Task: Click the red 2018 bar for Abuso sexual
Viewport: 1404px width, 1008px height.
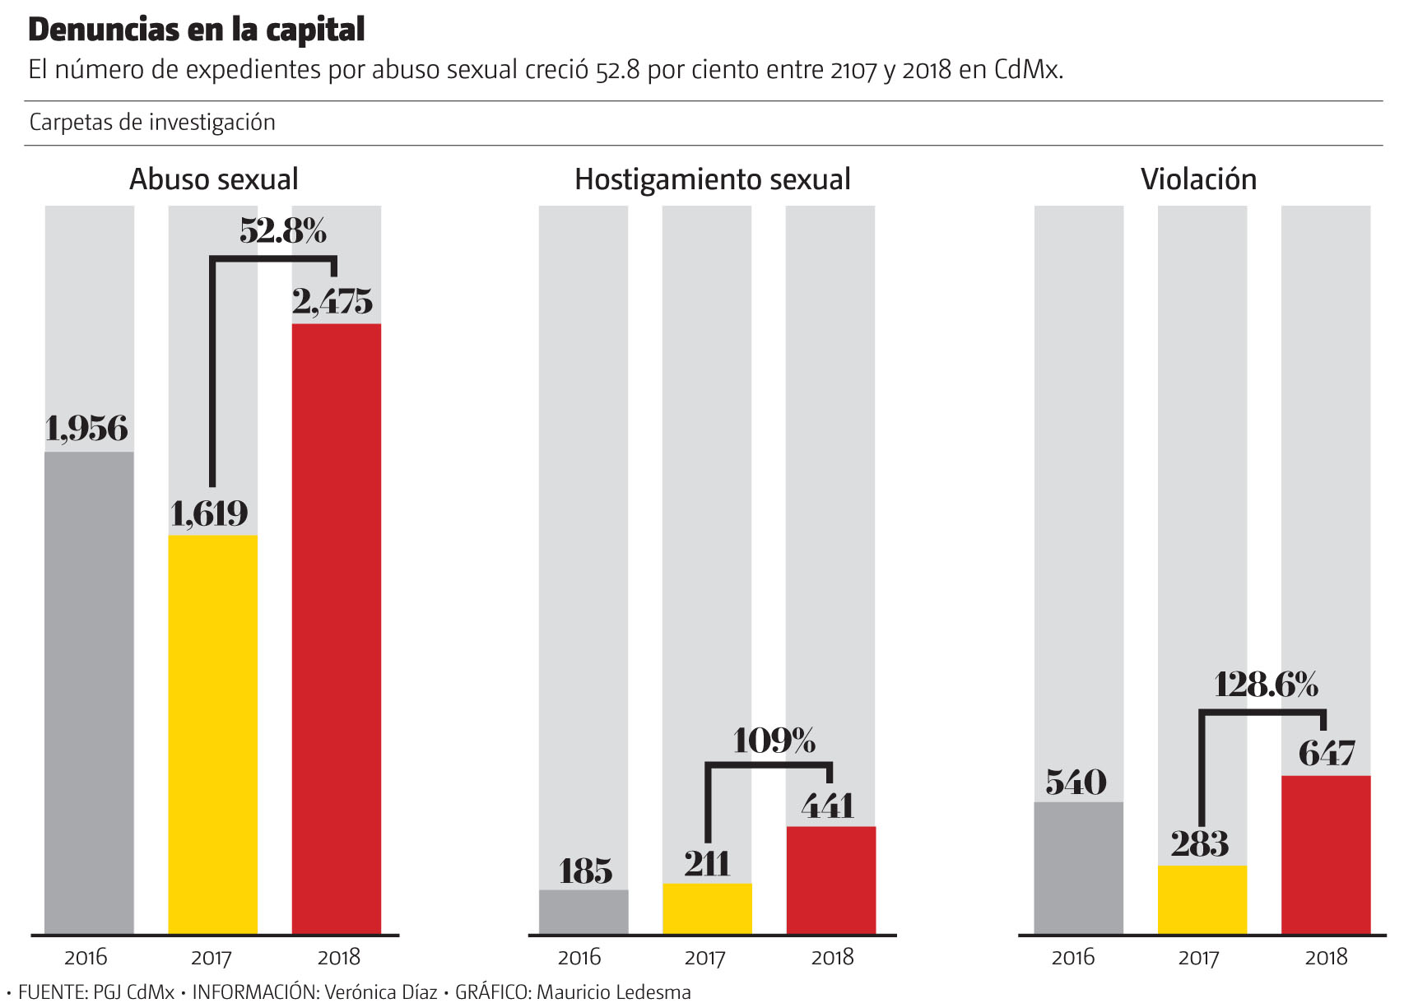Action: tap(336, 629)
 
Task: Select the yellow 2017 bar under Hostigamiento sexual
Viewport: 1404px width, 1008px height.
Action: tap(707, 908)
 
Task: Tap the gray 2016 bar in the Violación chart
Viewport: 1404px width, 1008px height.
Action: tap(1078, 867)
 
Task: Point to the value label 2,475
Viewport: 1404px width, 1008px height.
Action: tap(332, 303)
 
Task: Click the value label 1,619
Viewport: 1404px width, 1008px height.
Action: tap(209, 514)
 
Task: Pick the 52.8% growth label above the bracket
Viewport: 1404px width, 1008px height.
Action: tap(283, 231)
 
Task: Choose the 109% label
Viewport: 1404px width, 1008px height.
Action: tap(774, 741)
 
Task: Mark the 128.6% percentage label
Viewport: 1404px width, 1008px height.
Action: tap(1266, 685)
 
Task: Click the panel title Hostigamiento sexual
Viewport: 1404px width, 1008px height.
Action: tap(712, 179)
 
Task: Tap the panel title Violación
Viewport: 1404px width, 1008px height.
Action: tap(1198, 179)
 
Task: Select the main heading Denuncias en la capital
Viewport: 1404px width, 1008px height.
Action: tap(197, 30)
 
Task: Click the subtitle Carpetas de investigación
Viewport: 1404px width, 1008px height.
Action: tap(152, 123)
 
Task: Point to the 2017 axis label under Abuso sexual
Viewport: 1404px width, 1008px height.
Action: tap(212, 958)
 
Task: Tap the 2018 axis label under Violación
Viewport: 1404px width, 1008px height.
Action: tap(1326, 958)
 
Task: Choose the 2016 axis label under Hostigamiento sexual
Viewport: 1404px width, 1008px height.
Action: tap(579, 958)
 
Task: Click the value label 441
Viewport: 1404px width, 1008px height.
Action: tap(828, 806)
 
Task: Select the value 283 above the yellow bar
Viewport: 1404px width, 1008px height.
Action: tap(1199, 844)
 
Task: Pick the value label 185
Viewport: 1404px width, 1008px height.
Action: tap(585, 871)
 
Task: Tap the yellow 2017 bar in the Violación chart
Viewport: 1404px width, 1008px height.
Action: tap(1202, 899)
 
